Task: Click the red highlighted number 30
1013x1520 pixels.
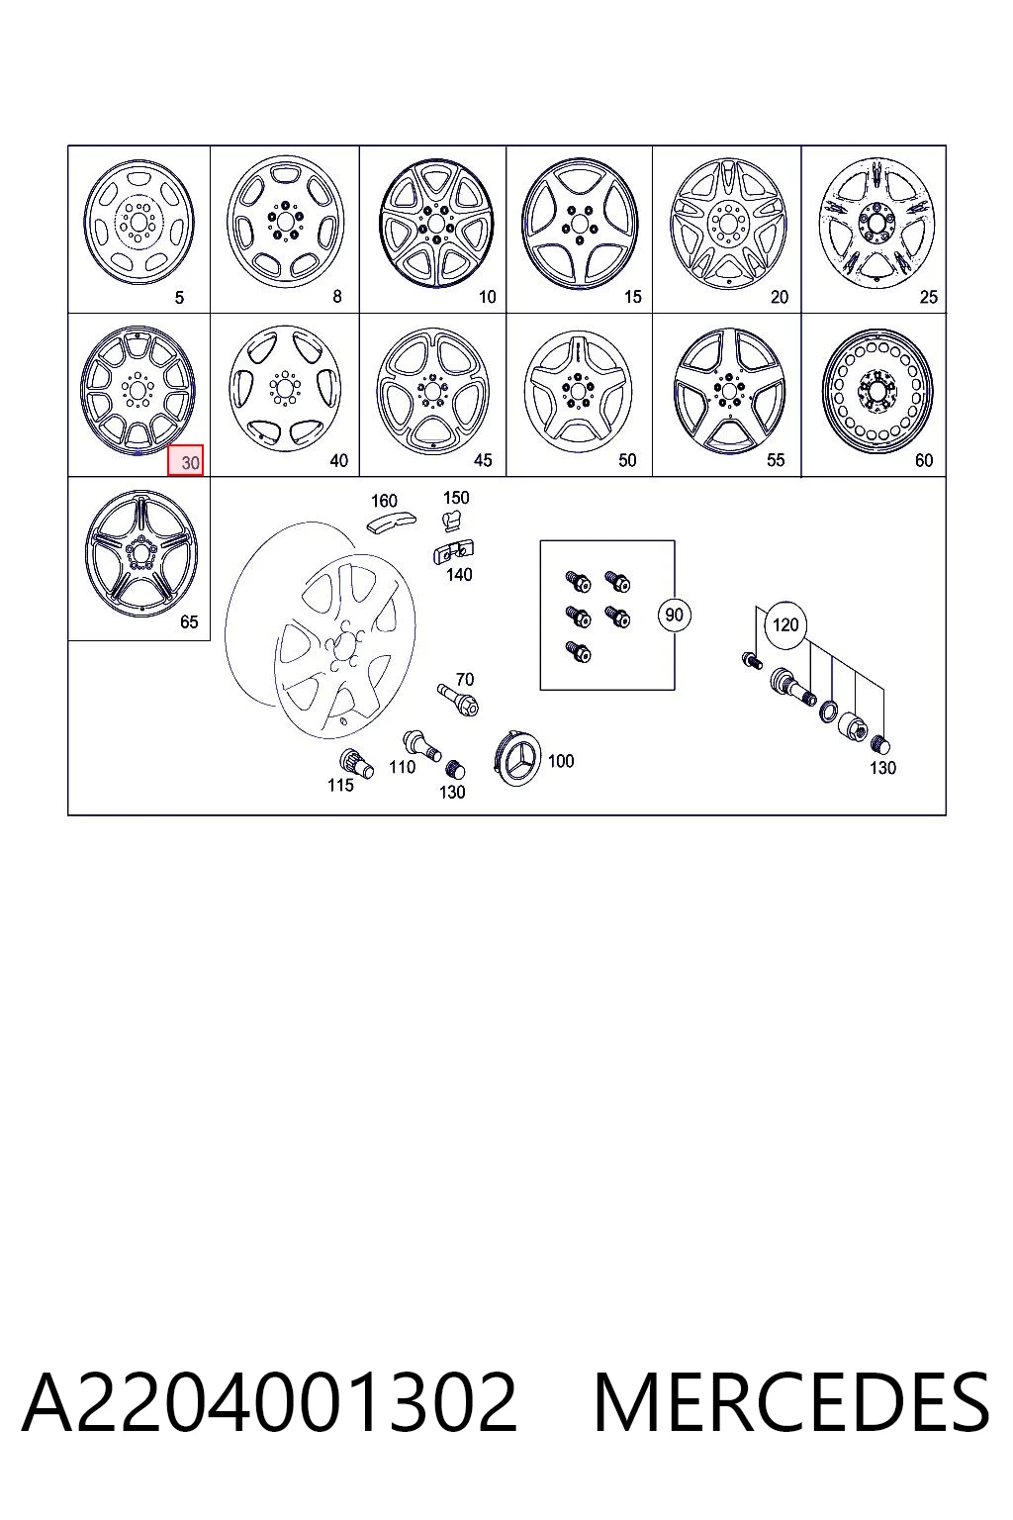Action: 185,461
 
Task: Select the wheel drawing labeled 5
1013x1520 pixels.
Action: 139,222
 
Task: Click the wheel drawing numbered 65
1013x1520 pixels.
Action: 141,554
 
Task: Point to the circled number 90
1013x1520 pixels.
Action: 673,615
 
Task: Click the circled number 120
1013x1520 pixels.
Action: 785,624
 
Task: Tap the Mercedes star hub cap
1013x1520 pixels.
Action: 518,758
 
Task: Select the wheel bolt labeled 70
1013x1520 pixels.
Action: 458,700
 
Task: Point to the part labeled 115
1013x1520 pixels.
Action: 356,763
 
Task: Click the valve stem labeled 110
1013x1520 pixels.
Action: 421,746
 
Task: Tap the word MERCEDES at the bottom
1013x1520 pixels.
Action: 791,1402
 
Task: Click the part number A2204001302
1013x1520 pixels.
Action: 269,1402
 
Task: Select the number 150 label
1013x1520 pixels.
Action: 456,498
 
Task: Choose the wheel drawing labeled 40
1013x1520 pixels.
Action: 285,388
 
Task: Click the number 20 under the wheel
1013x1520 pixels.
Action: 780,297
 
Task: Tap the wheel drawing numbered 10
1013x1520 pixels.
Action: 436,223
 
